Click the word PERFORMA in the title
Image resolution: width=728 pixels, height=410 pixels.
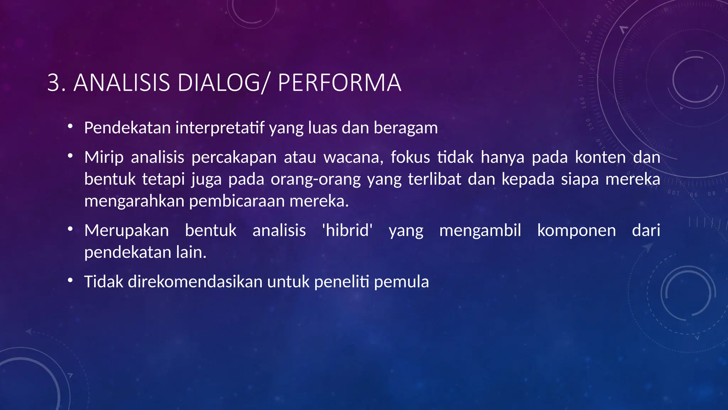[x=339, y=83]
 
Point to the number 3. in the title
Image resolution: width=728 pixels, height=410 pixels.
[x=56, y=83]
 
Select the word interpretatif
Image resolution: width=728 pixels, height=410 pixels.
[x=220, y=128]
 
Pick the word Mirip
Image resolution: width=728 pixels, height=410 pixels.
[x=104, y=157]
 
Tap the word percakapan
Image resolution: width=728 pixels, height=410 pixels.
[x=234, y=157]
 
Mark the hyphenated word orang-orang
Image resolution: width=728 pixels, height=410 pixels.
[x=316, y=179]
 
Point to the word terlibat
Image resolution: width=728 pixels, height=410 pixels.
[x=434, y=179]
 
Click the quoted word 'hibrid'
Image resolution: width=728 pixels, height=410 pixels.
[x=347, y=230]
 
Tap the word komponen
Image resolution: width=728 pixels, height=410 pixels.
[x=576, y=230]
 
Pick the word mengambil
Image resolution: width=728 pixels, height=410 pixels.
[x=480, y=230]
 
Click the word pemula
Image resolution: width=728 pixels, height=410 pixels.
[x=401, y=282]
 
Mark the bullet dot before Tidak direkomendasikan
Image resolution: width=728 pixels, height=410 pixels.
[x=70, y=280]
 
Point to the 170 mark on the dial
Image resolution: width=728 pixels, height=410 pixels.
[x=581, y=80]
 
